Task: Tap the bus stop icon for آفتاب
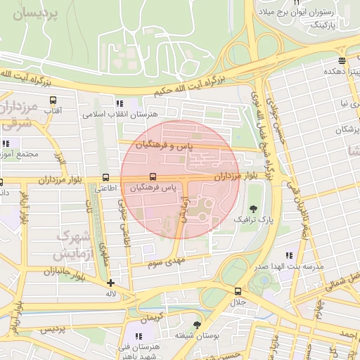(x=52, y=100)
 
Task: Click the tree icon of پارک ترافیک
(x=253, y=209)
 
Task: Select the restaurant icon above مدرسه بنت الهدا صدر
(x=288, y=255)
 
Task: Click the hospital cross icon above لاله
(x=110, y=283)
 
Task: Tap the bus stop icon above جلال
(x=237, y=291)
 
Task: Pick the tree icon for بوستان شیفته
(x=196, y=324)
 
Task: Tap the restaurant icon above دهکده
(x=341, y=60)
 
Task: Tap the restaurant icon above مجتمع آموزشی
(x=6, y=143)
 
